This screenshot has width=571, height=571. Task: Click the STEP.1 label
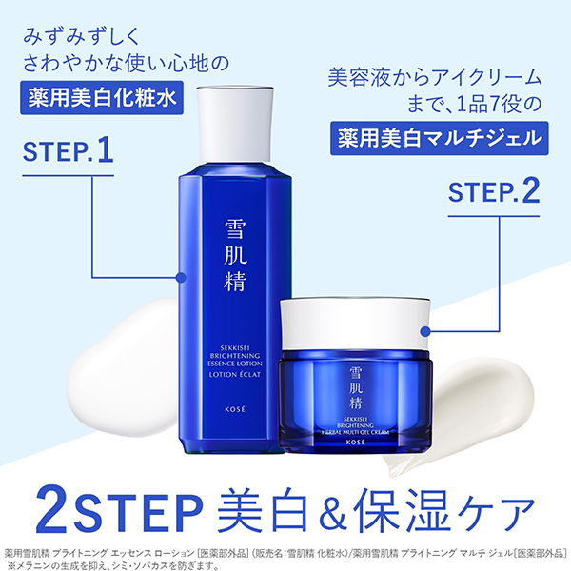[68, 151]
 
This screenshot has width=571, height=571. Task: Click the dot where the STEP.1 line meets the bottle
[180, 278]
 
